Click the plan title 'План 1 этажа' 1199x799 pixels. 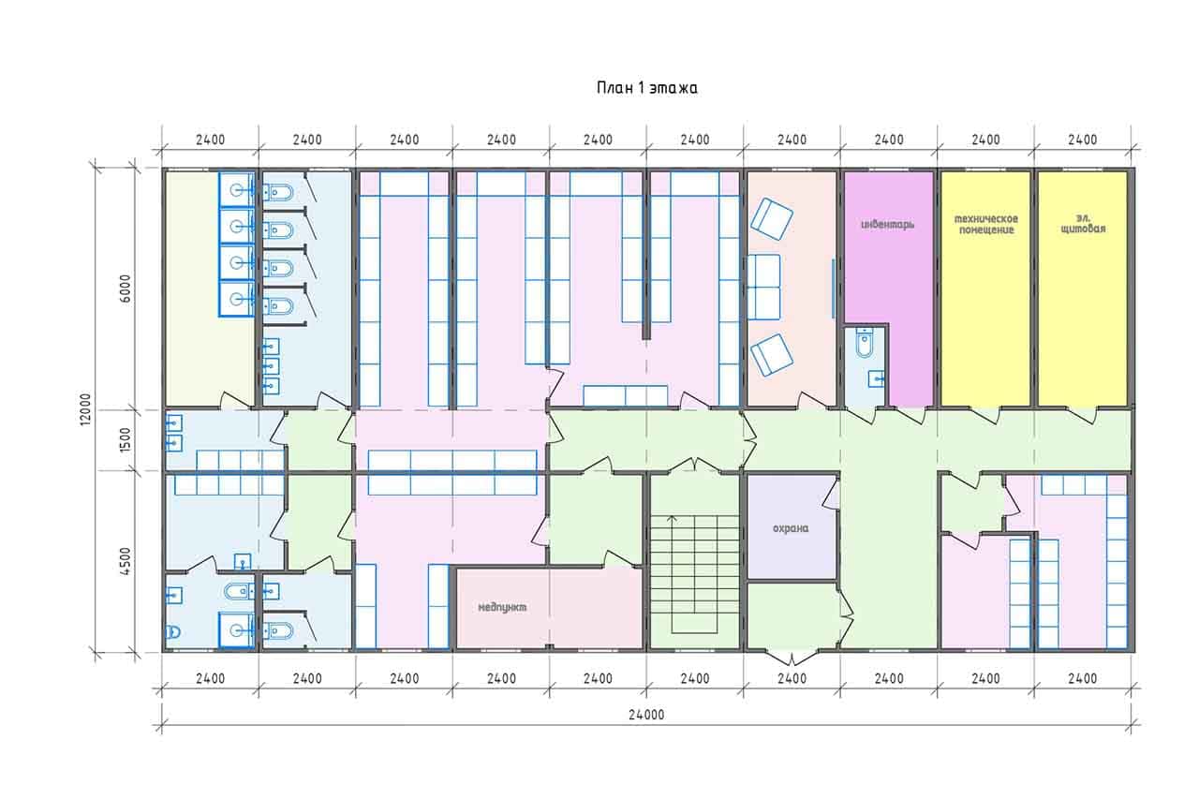[x=646, y=88]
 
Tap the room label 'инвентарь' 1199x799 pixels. [x=887, y=224]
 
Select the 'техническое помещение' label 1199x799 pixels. [x=986, y=224]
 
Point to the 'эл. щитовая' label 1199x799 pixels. [x=1083, y=223]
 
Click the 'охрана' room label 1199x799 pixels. [x=791, y=528]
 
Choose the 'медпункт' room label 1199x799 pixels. [x=502, y=607]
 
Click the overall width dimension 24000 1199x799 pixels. [x=646, y=715]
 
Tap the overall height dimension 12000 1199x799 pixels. [x=85, y=410]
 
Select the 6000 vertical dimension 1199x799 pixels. [x=125, y=289]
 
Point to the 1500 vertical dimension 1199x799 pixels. [x=125, y=440]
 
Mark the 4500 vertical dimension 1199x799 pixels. [x=125, y=561]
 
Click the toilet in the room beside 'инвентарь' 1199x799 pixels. [x=864, y=342]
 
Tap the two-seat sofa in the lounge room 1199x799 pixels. [x=763, y=288]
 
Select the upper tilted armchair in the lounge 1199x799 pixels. [x=771, y=219]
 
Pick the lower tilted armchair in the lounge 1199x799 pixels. [x=771, y=355]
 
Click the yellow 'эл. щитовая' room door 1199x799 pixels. [x=1082, y=415]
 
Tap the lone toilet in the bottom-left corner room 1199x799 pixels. [x=173, y=632]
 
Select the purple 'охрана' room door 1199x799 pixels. [x=832, y=493]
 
